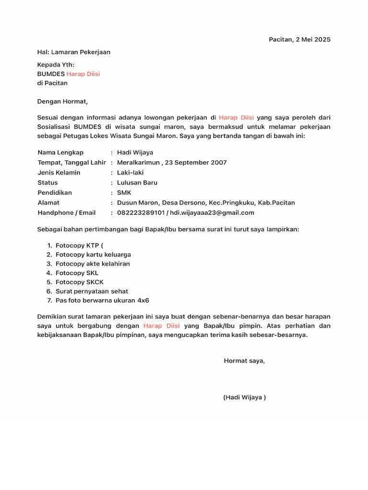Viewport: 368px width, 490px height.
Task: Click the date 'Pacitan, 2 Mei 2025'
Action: tap(299, 39)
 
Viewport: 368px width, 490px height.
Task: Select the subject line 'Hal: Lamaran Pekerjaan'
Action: tap(74, 52)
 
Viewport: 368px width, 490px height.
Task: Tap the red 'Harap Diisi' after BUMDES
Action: tap(83, 74)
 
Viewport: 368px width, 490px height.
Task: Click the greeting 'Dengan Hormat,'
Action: tap(63, 101)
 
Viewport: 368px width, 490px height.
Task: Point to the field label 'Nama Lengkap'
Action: tap(60, 153)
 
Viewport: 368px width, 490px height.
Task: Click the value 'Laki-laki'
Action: tap(130, 173)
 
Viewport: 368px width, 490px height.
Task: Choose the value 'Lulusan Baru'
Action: tap(137, 183)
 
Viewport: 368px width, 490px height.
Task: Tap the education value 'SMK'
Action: tap(124, 193)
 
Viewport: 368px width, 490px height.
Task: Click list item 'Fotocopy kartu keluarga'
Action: tap(93, 255)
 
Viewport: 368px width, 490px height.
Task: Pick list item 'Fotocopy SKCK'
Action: tap(80, 282)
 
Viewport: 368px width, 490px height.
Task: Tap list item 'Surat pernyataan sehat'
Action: tap(92, 291)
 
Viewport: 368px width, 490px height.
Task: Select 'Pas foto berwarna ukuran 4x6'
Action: tap(102, 301)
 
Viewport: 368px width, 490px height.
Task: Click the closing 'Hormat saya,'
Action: tap(244, 361)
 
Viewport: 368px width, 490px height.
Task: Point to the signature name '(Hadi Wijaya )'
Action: tap(244, 398)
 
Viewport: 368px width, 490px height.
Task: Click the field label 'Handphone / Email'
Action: tap(67, 213)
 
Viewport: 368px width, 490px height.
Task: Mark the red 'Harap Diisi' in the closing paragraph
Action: tap(161, 326)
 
